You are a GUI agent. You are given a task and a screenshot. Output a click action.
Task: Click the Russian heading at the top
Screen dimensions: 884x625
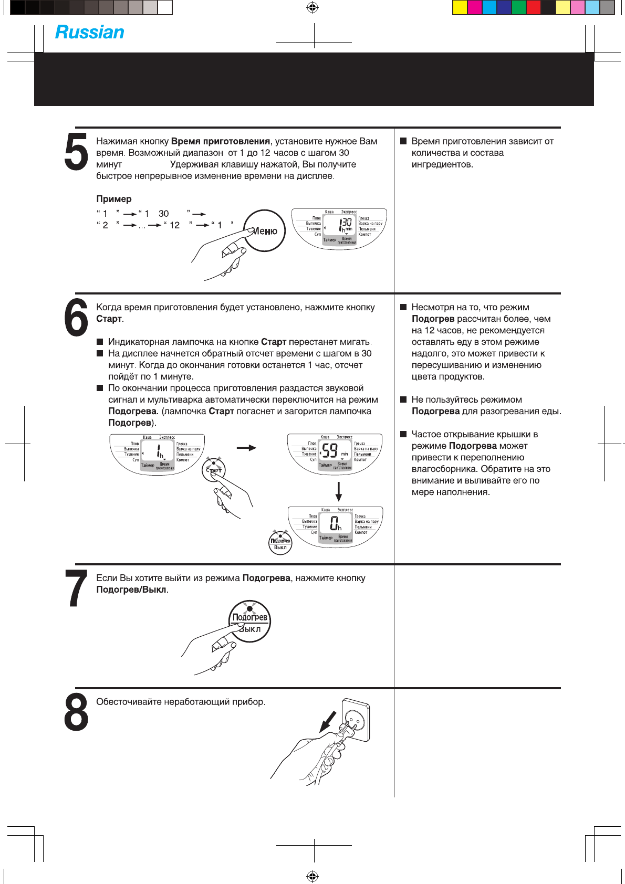(x=90, y=33)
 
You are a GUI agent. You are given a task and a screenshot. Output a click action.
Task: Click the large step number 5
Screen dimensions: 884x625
(x=76, y=152)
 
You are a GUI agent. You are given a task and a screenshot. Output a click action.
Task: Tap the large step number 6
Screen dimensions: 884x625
(x=76, y=318)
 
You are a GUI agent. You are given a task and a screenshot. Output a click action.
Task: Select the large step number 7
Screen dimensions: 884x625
(x=76, y=589)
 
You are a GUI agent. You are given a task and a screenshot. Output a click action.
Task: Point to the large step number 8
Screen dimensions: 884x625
(x=76, y=712)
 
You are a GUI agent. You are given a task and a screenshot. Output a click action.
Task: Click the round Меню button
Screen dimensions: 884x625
(x=265, y=231)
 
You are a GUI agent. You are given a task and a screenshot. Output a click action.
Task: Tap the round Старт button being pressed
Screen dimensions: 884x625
(x=214, y=470)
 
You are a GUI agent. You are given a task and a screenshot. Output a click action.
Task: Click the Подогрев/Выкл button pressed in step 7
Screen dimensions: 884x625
(x=250, y=622)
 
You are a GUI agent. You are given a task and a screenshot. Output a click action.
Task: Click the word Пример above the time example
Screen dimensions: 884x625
(x=114, y=199)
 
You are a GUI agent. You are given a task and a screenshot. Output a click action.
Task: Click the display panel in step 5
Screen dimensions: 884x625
(x=339, y=229)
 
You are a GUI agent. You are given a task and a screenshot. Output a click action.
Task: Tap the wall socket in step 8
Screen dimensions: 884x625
(x=356, y=721)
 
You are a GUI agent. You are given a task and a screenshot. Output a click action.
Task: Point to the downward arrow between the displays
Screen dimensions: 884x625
(x=339, y=491)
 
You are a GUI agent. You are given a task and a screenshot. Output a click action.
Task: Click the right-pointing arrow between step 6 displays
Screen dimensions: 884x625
(x=246, y=448)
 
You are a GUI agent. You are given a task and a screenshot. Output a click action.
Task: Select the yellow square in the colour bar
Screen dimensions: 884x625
(x=460, y=7)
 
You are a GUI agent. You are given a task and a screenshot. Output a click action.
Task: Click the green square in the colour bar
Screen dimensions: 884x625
(x=518, y=7)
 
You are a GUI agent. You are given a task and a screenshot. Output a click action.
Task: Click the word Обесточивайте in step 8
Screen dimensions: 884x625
(x=129, y=702)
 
